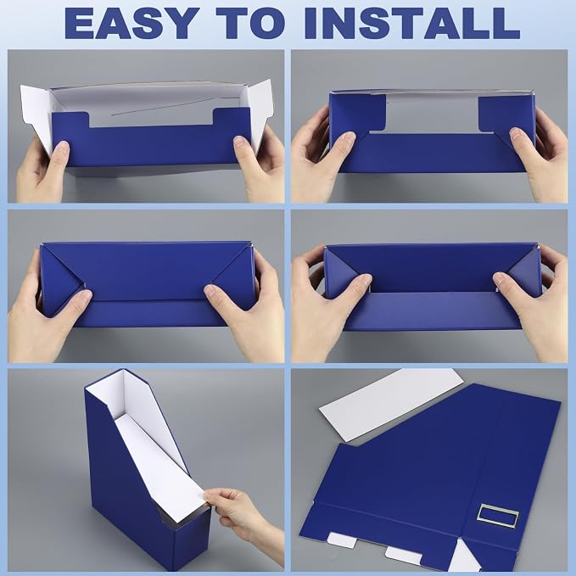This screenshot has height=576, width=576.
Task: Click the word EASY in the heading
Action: click(x=130, y=24)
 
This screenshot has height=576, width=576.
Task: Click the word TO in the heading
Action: click(x=250, y=24)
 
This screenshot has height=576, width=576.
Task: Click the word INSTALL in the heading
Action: click(x=411, y=24)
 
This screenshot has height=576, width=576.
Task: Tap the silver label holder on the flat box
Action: click(x=498, y=516)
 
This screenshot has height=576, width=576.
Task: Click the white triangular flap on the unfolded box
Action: click(x=463, y=558)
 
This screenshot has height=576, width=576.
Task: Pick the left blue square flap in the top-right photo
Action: click(x=358, y=112)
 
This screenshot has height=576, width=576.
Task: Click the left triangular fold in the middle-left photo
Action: click(x=60, y=279)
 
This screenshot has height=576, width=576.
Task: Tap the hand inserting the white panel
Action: click(x=244, y=522)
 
